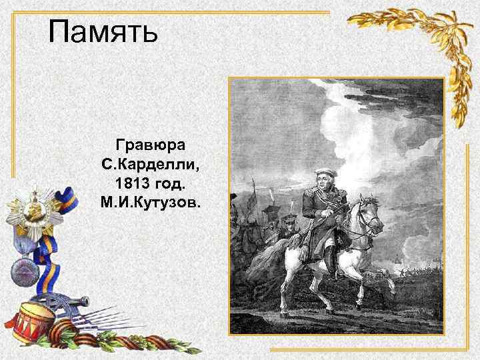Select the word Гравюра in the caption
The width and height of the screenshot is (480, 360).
150,145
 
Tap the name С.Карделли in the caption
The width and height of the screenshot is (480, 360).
150,163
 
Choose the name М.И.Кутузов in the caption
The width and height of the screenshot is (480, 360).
150,201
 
